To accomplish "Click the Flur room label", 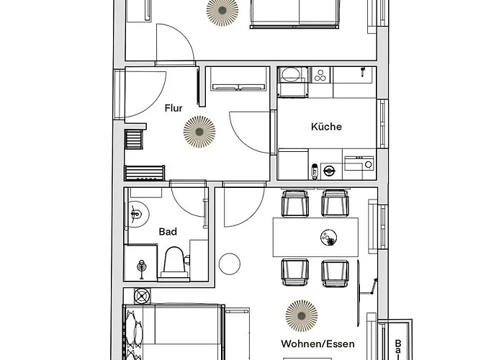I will [x=173, y=109].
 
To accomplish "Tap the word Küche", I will [x=326, y=127].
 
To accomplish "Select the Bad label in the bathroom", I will [x=168, y=232].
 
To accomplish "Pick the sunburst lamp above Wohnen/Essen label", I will [x=300, y=313].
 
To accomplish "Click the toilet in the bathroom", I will [x=174, y=262].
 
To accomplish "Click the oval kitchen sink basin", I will [x=291, y=75].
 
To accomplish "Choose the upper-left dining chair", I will [x=294, y=203].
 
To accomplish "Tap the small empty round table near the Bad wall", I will [x=230, y=264].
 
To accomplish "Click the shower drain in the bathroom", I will [x=140, y=267].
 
